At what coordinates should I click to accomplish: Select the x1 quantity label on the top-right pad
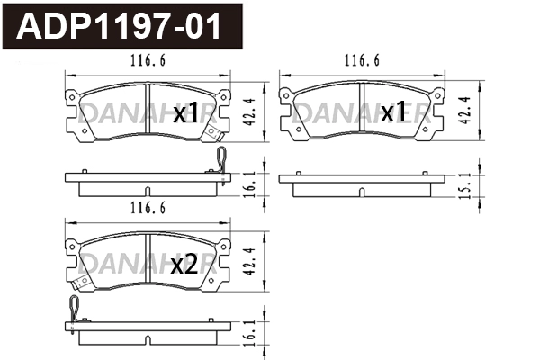[x=392, y=113]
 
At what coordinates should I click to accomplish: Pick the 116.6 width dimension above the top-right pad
[x=360, y=62]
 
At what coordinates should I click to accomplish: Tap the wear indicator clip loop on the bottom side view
[x=73, y=308]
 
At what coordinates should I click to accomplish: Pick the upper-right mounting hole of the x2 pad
[x=215, y=243]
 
